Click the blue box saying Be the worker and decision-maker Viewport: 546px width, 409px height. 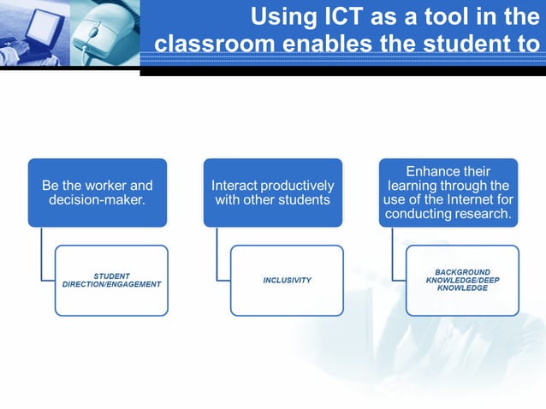[x=97, y=193]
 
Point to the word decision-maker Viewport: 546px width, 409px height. [x=98, y=201]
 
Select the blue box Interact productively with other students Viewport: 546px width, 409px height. [x=272, y=193]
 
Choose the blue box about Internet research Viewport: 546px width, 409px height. [x=448, y=193]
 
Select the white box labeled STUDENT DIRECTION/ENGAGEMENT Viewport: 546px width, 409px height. [x=111, y=281]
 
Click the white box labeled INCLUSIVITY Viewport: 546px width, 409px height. [x=287, y=281]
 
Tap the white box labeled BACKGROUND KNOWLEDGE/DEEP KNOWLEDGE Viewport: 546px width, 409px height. [x=462, y=281]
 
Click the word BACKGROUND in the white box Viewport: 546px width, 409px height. [x=462, y=272]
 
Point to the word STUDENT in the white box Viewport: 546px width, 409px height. [x=111, y=276]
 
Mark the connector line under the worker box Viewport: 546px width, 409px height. [x=42, y=257]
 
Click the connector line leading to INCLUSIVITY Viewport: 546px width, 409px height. [x=217, y=257]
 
